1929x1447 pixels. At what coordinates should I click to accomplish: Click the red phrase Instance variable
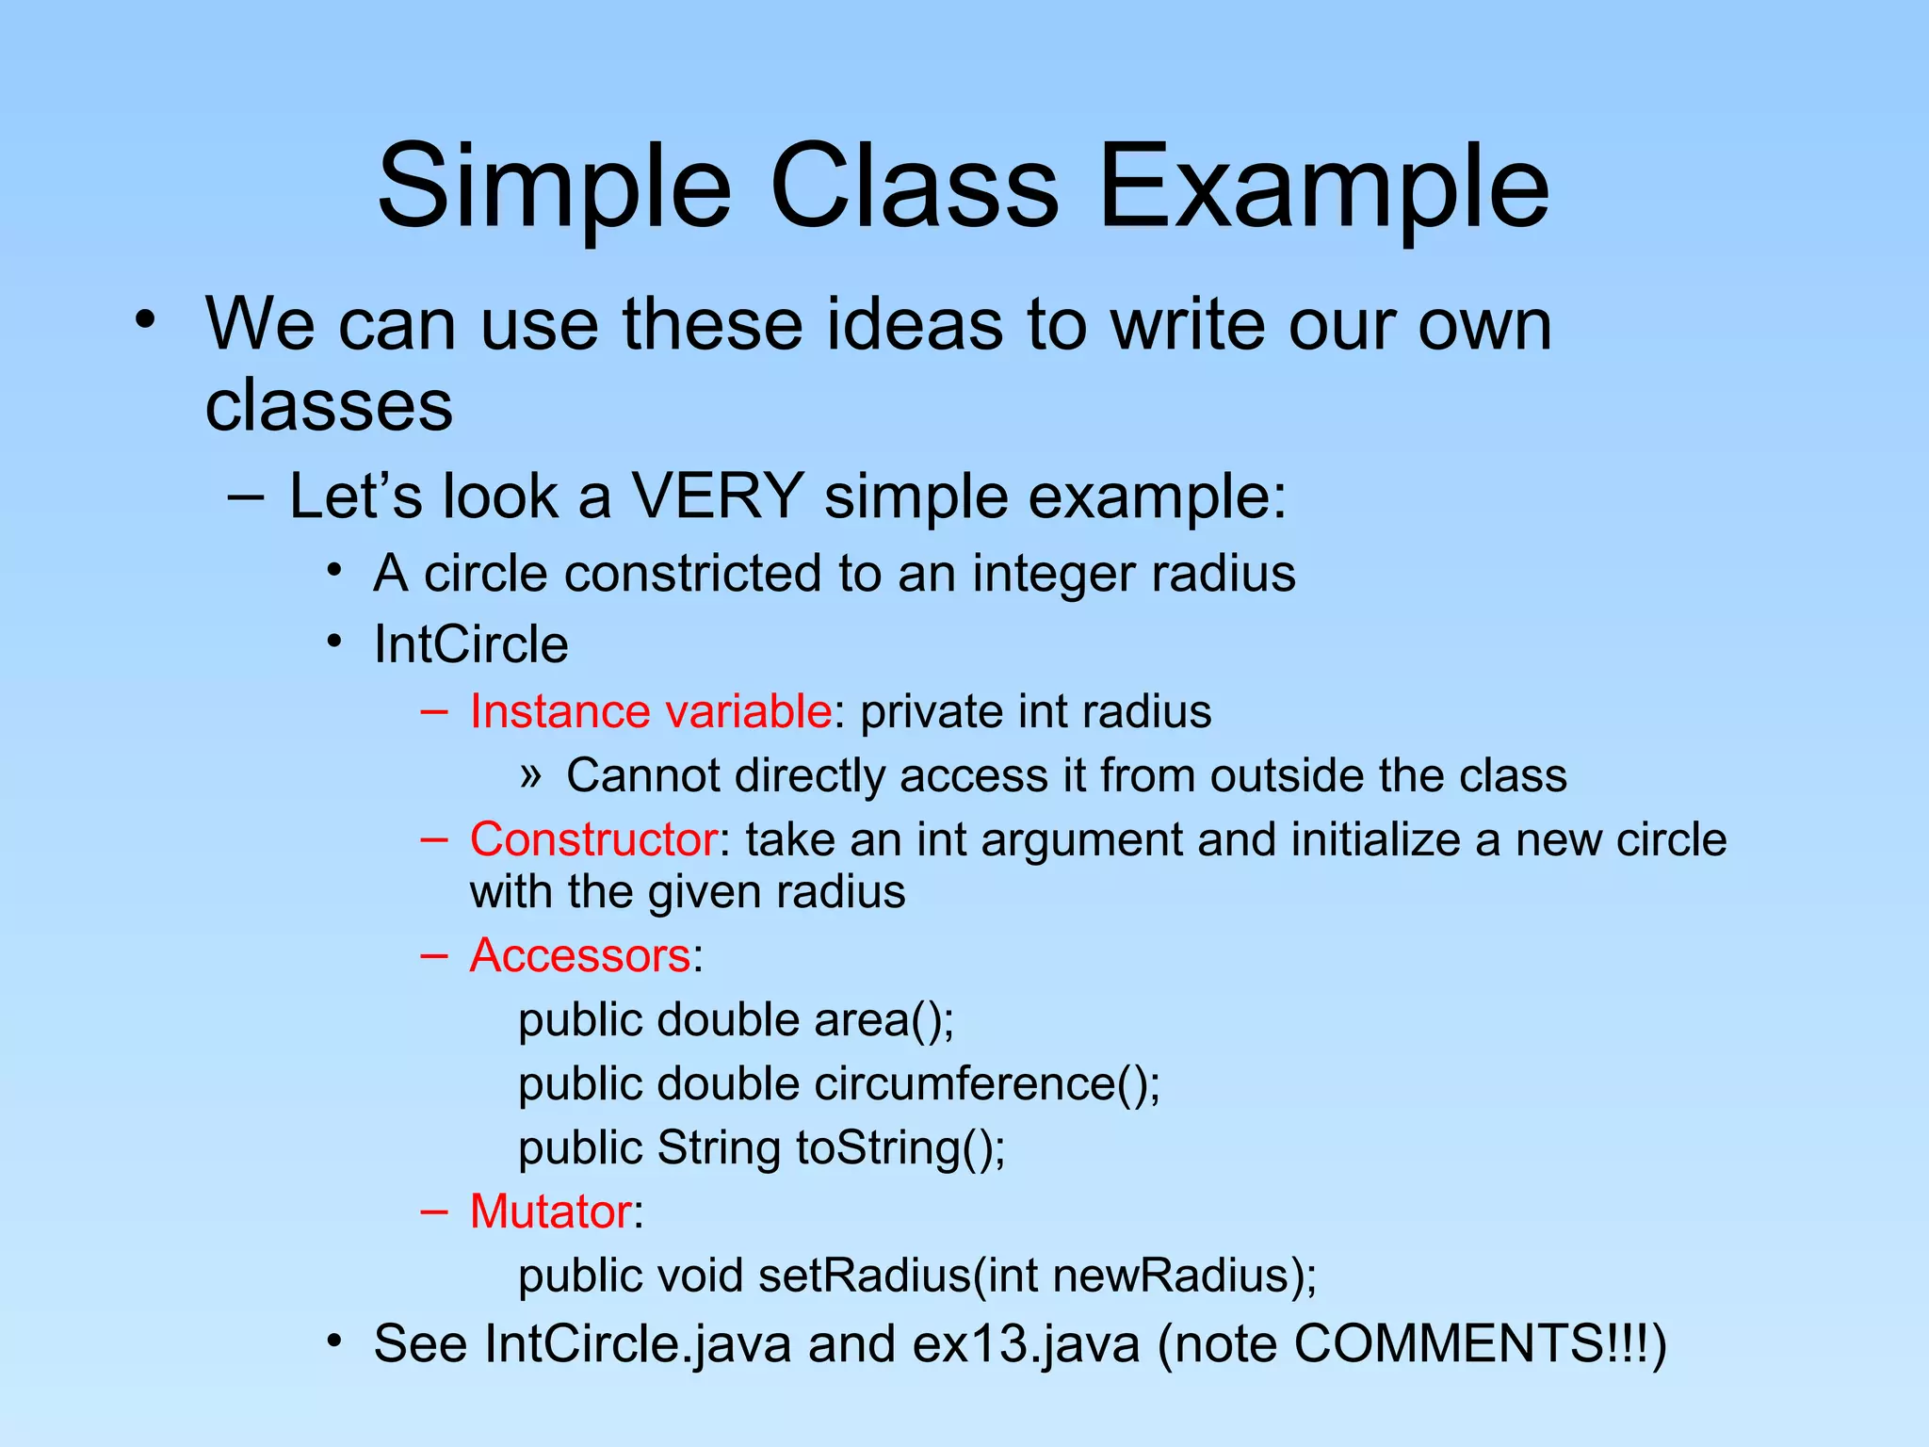[x=650, y=711]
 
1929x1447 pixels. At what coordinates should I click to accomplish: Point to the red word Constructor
[x=593, y=839]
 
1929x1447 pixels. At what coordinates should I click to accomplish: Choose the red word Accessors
[x=580, y=955]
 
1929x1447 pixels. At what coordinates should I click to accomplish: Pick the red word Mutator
[x=550, y=1211]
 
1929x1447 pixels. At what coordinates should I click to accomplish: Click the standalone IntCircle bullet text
[x=471, y=645]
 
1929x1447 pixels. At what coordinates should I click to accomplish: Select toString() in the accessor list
[x=900, y=1148]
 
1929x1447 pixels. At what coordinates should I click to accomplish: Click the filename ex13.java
[x=1026, y=1344]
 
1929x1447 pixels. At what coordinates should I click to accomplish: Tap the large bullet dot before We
[x=144, y=319]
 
